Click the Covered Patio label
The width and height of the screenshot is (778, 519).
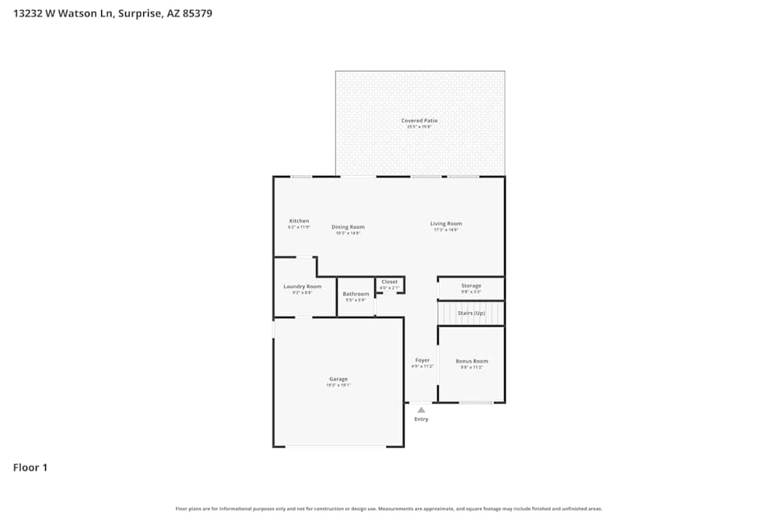[x=419, y=121]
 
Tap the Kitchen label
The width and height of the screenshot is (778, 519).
[x=299, y=221]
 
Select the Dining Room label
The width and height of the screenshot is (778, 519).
[x=348, y=226]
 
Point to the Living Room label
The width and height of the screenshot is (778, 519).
[x=446, y=224]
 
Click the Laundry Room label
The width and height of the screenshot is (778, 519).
[x=302, y=286]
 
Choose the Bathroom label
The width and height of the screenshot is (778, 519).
[x=356, y=294]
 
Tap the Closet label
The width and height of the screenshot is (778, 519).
[x=389, y=282]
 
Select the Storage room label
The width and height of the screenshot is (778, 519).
[x=471, y=286]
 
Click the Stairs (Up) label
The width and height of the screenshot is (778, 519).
[x=471, y=313]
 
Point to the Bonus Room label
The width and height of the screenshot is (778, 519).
[x=471, y=361]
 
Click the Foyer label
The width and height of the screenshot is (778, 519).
[x=422, y=360]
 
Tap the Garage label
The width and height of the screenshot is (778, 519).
[x=338, y=379]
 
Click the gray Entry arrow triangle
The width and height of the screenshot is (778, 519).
[x=421, y=409]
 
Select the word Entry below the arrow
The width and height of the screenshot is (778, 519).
[x=421, y=419]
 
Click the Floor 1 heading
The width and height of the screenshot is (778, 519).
[x=30, y=468]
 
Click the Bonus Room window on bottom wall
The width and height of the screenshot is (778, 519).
[x=475, y=402]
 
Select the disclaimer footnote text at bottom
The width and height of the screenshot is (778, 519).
[x=388, y=509]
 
